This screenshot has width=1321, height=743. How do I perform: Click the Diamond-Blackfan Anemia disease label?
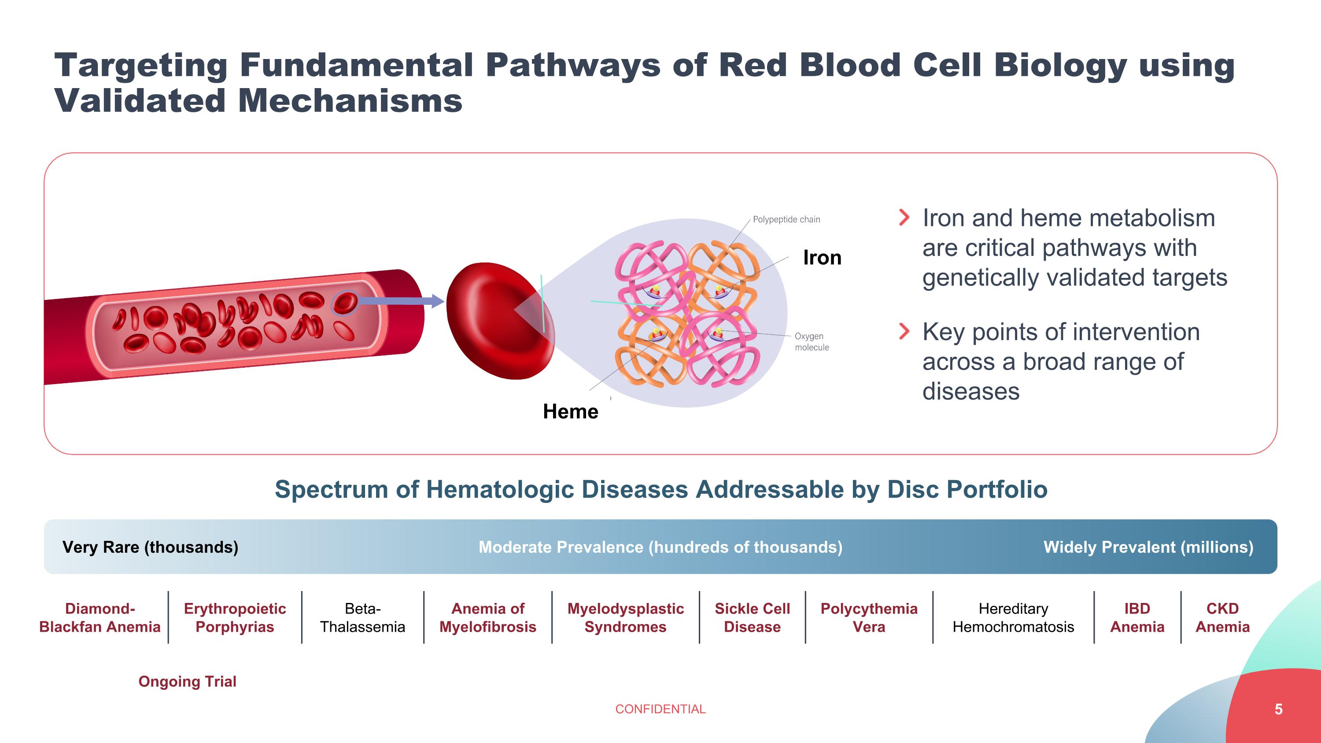(100, 617)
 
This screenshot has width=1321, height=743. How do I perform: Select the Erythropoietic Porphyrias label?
(235, 617)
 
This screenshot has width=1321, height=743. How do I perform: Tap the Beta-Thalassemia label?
(362, 617)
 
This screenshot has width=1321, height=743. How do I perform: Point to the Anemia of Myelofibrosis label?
(488, 617)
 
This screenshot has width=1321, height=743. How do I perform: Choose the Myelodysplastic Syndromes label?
(626, 617)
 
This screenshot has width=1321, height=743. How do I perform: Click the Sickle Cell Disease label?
(752, 617)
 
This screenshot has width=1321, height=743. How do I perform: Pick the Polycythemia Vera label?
(869, 617)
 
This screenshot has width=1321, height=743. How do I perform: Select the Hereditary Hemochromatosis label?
(1013, 617)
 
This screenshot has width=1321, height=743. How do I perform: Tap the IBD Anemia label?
(1137, 617)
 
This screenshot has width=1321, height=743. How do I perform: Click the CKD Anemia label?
(1222, 617)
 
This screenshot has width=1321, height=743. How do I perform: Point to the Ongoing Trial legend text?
(187, 681)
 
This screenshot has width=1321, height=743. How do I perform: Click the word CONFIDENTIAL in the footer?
(660, 709)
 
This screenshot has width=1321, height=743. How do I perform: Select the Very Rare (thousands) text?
(150, 547)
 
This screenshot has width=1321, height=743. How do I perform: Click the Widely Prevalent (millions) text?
(1149, 547)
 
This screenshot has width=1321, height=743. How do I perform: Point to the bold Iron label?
(823, 257)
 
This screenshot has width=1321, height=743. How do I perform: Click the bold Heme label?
(571, 411)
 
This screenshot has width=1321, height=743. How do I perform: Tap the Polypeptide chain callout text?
(786, 219)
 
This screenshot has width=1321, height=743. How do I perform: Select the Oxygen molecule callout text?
(812, 341)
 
